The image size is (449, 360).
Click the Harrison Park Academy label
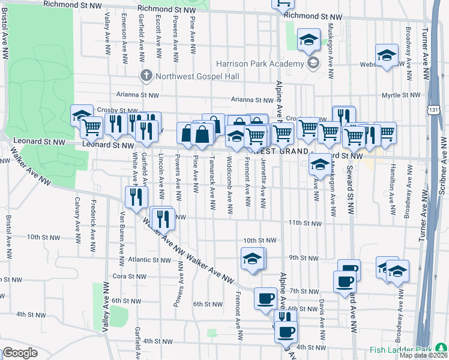(x=261, y=64)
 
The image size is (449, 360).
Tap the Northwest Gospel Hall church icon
(x=145, y=76)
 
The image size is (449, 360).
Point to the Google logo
(x=20, y=353)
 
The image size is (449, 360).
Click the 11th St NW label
(x=303, y=223)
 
